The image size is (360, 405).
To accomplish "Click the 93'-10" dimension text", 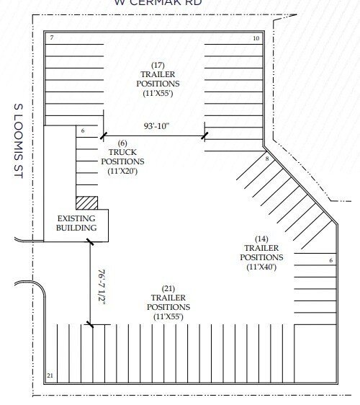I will pos(154,128).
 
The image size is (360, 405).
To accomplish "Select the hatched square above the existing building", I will pos(86,202).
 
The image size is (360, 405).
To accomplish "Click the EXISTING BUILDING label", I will pos(77,223).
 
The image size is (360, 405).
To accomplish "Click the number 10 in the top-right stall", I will pos(256,37).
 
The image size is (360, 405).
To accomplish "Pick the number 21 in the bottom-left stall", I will pos(50,375).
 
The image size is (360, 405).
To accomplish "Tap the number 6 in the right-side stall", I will pos(330,260).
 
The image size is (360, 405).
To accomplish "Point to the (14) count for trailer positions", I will pos(261,238).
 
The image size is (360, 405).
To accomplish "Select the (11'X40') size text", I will pos(261,266).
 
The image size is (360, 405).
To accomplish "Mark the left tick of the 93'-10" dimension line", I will pos(102,135).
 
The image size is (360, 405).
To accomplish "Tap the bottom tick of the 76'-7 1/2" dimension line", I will pos(90,326).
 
